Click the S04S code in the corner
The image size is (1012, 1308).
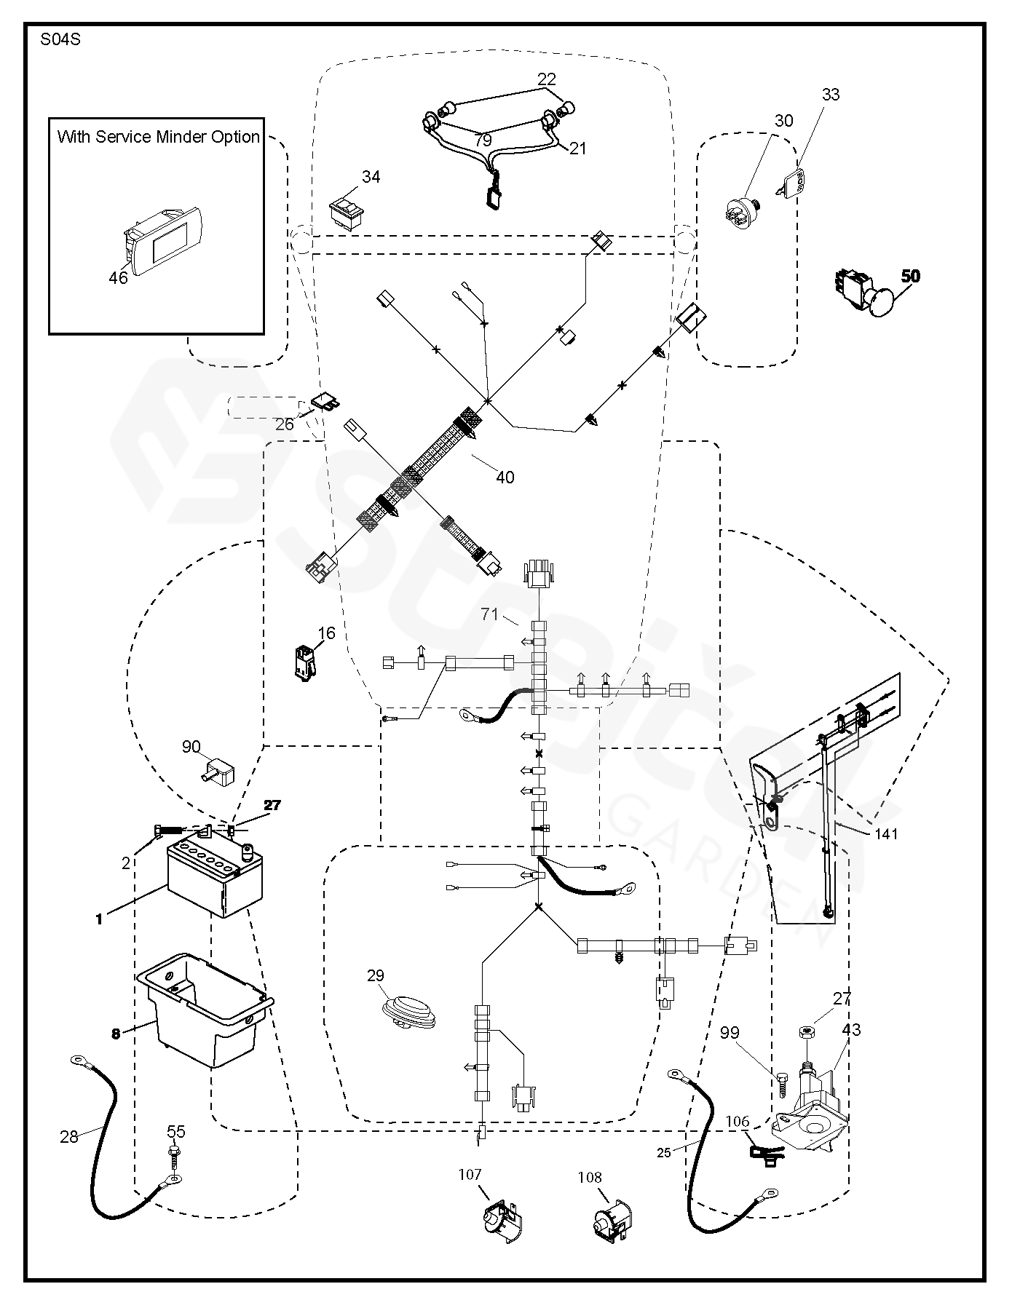click(60, 40)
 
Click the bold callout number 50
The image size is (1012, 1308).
click(910, 276)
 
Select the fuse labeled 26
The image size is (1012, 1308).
click(324, 401)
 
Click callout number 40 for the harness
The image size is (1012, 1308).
click(505, 477)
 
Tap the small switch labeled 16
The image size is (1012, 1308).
click(305, 660)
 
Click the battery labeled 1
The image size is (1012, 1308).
click(215, 877)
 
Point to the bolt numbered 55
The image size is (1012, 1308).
click(174, 1154)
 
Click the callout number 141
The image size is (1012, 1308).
click(886, 834)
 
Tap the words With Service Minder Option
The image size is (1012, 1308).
click(158, 137)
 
